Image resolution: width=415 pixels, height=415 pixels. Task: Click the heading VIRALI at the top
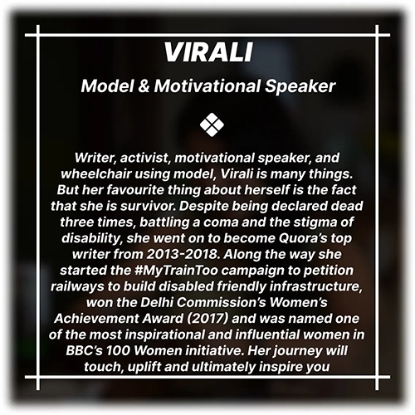click(x=208, y=52)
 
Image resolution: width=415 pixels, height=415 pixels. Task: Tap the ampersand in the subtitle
click(x=144, y=86)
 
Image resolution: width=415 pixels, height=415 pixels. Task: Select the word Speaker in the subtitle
click(x=300, y=86)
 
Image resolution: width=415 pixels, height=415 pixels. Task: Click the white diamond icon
click(x=212, y=124)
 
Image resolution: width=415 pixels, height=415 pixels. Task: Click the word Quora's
click(x=303, y=238)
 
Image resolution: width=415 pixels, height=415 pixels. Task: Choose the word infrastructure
click(x=316, y=286)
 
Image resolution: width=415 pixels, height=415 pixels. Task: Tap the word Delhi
click(x=157, y=302)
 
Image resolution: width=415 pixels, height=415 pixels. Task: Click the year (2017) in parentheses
click(x=207, y=319)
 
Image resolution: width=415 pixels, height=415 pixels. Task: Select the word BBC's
click(x=84, y=351)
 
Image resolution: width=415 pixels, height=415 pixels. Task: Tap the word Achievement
click(x=97, y=319)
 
